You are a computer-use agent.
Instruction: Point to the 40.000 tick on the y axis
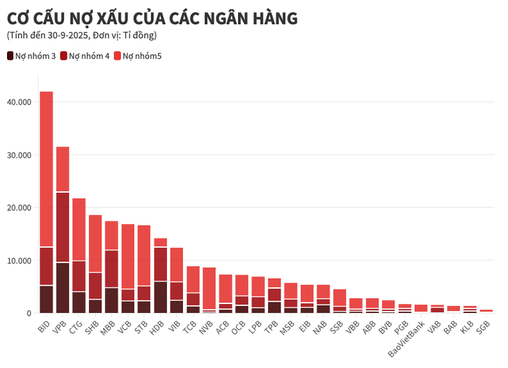click(x=18, y=102)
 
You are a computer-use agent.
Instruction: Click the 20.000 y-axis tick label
click(x=18, y=208)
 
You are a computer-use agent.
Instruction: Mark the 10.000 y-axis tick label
click(x=18, y=261)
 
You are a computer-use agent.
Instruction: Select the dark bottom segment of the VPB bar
click(x=63, y=287)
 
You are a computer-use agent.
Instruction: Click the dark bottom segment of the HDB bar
click(x=161, y=297)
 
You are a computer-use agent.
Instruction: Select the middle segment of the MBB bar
click(x=111, y=269)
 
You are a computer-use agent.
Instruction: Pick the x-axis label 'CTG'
click(x=76, y=325)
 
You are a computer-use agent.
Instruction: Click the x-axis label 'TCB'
click(x=190, y=325)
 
